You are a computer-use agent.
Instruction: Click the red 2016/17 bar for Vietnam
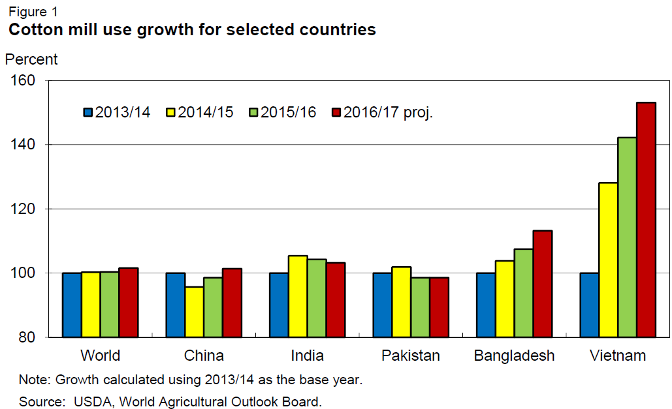646,219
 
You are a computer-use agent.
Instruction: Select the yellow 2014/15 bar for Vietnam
608,260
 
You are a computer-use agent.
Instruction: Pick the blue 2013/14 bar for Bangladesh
485,305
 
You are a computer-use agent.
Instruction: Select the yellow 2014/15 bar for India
298,296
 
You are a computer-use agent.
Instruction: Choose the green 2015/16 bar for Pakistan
420,307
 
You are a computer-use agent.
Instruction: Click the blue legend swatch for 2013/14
88,112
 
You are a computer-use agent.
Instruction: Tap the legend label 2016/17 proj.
388,112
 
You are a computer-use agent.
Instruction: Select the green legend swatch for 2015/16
253,112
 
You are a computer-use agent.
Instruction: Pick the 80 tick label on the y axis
30,337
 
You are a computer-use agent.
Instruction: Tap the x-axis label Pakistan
410,356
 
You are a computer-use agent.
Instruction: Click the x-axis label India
307,356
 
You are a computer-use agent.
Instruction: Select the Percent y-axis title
31,59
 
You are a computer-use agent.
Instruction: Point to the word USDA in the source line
83,401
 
